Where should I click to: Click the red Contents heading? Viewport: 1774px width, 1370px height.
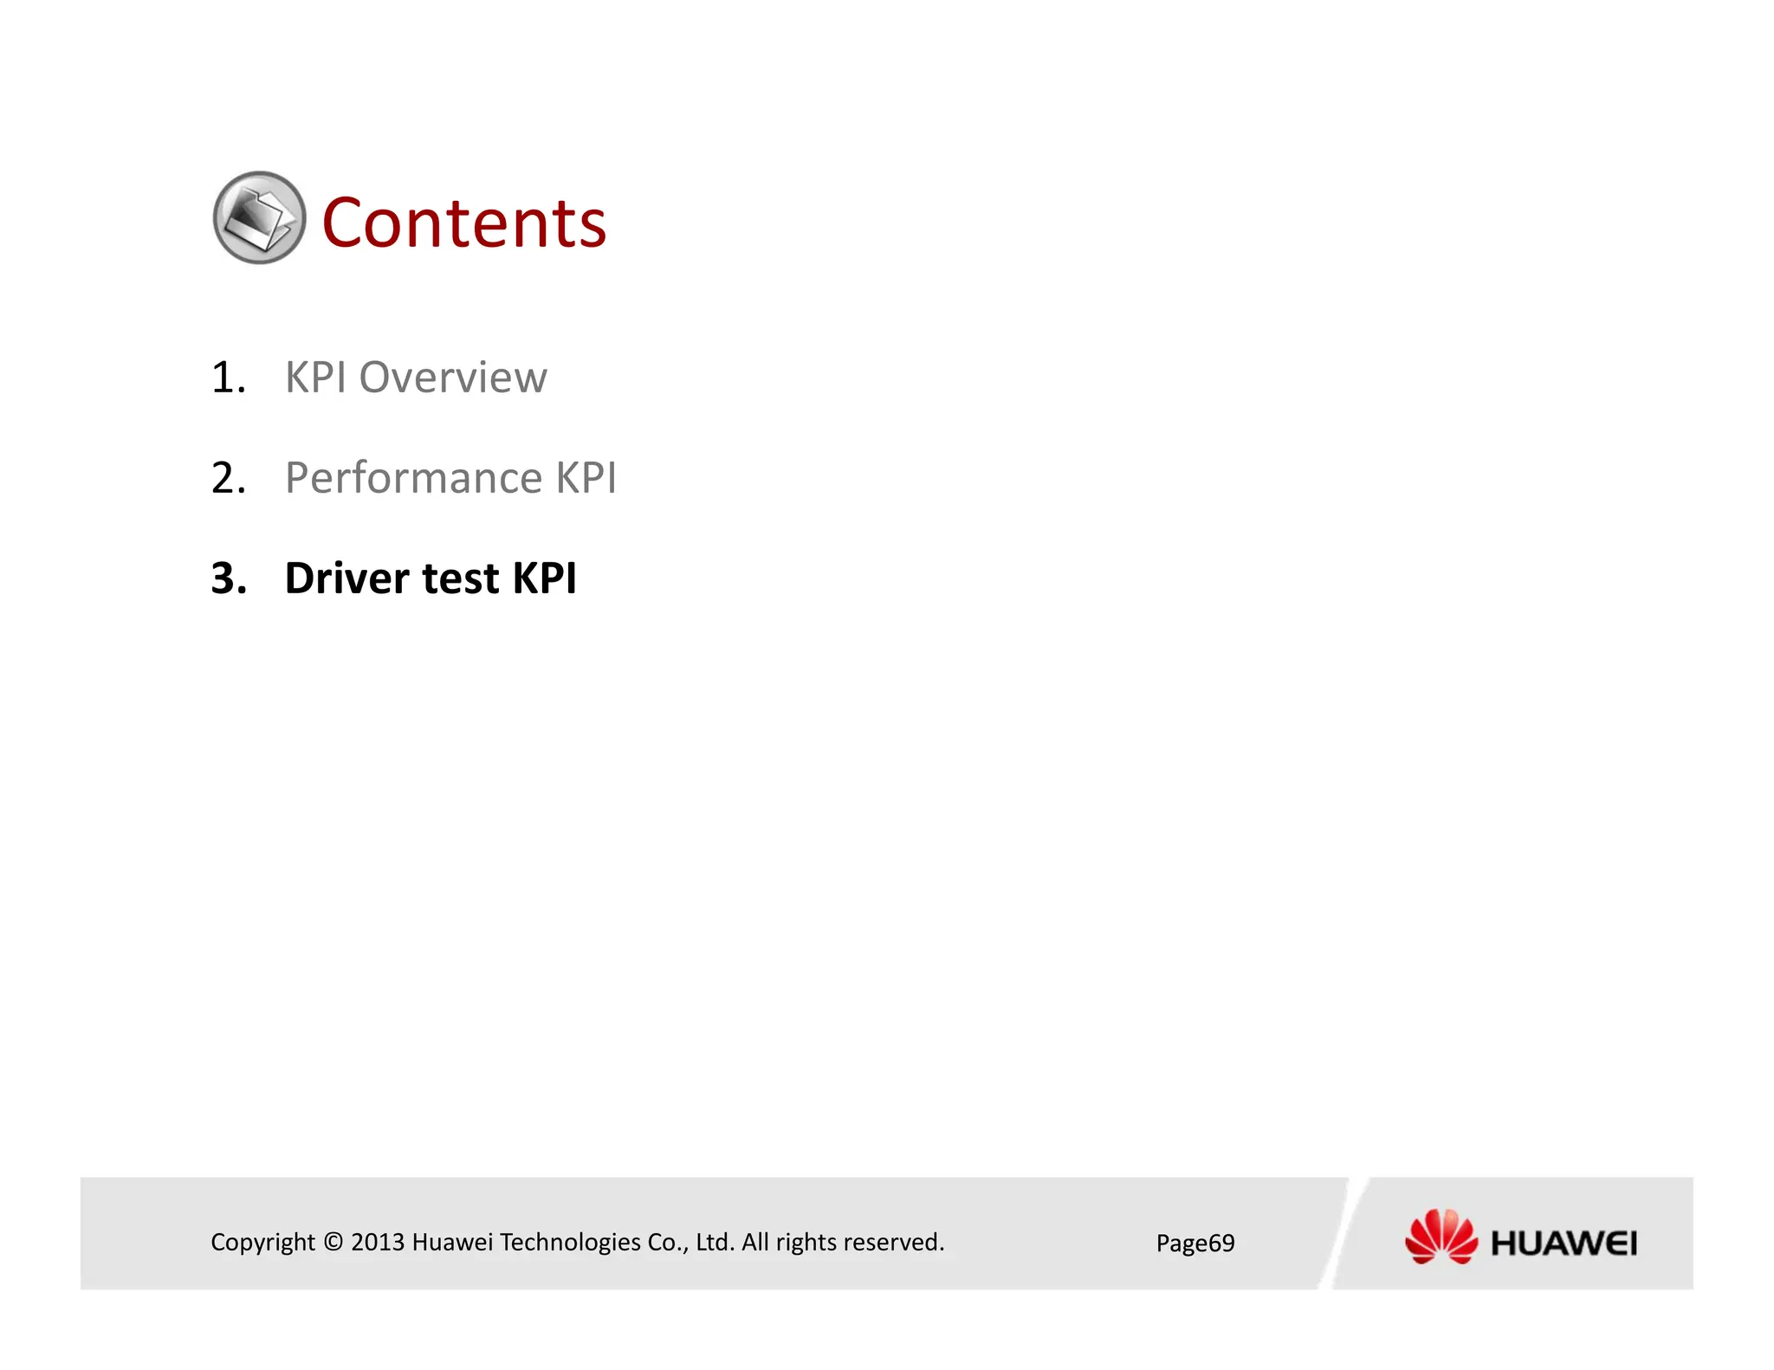463,223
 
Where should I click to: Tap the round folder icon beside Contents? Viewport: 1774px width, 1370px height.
259,217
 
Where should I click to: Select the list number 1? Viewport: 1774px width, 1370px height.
228,378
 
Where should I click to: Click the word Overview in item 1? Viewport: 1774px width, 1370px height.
452,378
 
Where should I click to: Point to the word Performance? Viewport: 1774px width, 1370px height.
413,478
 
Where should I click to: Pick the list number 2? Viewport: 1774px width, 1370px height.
228,478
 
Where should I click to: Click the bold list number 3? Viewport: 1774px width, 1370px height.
229,578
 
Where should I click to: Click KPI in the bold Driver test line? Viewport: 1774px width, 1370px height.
544,578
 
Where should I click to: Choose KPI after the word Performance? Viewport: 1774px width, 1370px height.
586,478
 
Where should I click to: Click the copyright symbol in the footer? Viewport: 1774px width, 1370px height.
333,1242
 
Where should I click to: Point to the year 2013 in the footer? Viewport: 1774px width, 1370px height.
378,1242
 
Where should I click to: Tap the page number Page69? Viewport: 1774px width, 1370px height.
1195,1244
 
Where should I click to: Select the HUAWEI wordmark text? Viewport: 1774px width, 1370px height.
1564,1244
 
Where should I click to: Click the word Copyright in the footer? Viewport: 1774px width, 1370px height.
262,1242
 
